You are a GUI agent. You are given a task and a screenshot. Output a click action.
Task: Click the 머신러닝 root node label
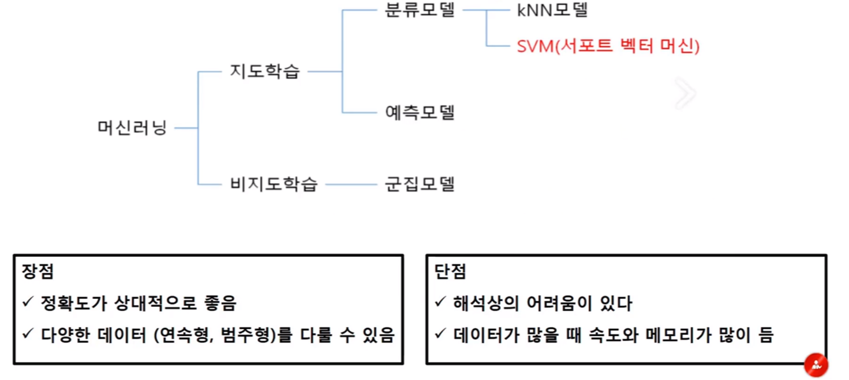[132, 128]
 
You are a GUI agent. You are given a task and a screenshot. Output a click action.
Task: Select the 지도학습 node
[265, 71]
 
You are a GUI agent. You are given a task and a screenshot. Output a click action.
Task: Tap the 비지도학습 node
[273, 185]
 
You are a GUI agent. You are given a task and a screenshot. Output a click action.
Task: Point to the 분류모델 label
[420, 11]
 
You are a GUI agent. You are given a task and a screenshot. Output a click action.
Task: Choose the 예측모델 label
[420, 113]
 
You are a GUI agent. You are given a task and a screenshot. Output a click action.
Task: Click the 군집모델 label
[420, 185]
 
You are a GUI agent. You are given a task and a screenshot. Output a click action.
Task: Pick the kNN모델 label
[552, 11]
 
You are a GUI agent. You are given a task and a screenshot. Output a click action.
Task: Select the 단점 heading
[450, 272]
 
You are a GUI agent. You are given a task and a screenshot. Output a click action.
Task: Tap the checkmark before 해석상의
[440, 303]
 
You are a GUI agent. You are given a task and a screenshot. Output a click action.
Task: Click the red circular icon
[816, 365]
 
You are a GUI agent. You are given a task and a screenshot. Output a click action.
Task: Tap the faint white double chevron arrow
[685, 94]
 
